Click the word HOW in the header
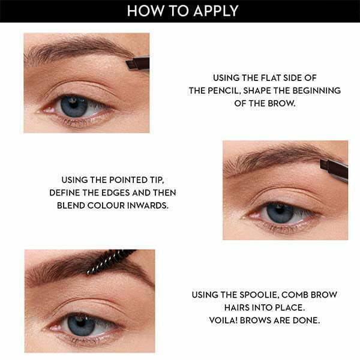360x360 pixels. coord(142,11)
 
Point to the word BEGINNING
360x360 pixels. coord(315,91)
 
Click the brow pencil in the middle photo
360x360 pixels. coord(334,169)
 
